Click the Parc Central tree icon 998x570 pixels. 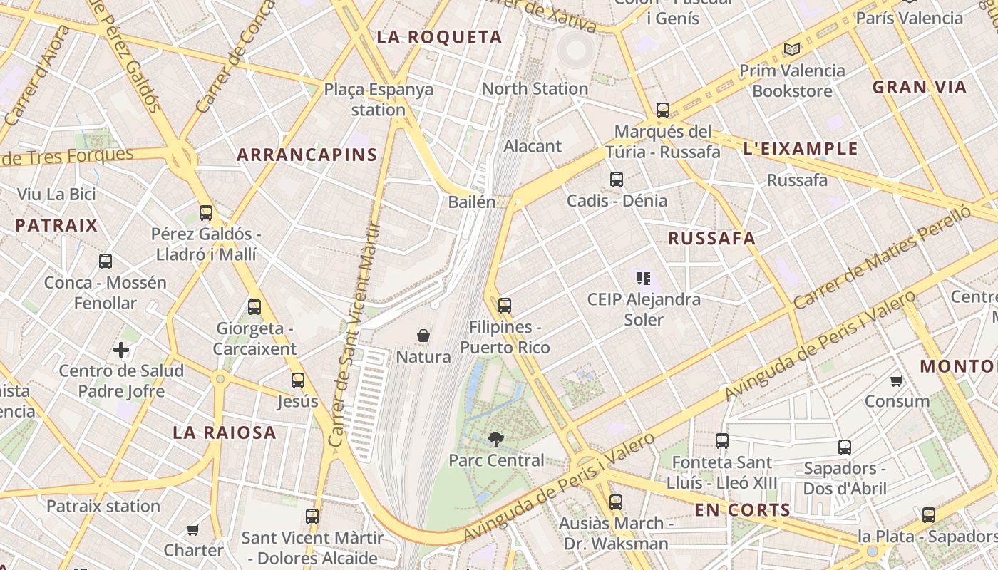pyautogui.click(x=495, y=440)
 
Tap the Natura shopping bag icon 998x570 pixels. pyautogui.click(x=423, y=335)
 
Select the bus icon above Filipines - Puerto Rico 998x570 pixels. pyautogui.click(x=505, y=306)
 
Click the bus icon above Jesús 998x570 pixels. pyautogui.click(x=298, y=380)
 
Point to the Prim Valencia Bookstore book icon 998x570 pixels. pyautogui.click(x=791, y=50)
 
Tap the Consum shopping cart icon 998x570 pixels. pyautogui.click(x=897, y=380)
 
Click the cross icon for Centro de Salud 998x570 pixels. pyautogui.click(x=121, y=350)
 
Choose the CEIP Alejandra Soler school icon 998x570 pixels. pyautogui.click(x=644, y=279)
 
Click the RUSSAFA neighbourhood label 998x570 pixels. pyautogui.click(x=711, y=239)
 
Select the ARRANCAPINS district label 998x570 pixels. pyautogui.click(x=307, y=155)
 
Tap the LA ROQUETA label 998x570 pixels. pyautogui.click(x=439, y=38)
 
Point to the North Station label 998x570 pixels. pyautogui.click(x=535, y=89)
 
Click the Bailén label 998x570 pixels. pyautogui.click(x=471, y=202)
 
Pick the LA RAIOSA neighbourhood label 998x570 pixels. pyautogui.click(x=225, y=432)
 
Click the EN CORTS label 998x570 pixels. pyautogui.click(x=742, y=510)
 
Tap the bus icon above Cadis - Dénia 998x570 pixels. pyautogui.click(x=617, y=180)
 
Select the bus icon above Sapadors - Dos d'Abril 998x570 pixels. pyautogui.click(x=845, y=447)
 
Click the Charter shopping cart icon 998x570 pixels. pyautogui.click(x=192, y=529)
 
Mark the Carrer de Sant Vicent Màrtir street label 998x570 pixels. pyautogui.click(x=354, y=335)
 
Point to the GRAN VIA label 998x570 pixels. pyautogui.click(x=920, y=88)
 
